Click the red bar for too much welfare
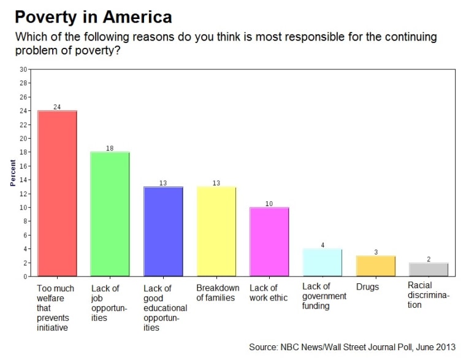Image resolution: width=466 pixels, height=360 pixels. pos(57,193)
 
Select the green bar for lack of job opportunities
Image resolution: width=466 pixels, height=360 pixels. pos(110,214)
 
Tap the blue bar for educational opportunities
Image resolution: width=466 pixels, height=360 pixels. pos(163,231)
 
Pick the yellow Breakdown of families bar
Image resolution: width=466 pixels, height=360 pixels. pos(216,231)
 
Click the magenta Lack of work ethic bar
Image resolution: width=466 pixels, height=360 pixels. pos(269,242)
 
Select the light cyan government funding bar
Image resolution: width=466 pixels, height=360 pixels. pos(323,262)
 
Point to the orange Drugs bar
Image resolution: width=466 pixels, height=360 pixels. pos(375,266)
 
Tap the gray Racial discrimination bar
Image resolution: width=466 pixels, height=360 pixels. pos(429,269)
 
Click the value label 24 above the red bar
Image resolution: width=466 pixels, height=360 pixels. pos(57,107)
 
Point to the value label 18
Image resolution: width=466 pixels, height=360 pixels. pos(110,148)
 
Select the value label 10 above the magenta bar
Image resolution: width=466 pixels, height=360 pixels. pos(269,204)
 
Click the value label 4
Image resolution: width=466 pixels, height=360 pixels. pos(323,245)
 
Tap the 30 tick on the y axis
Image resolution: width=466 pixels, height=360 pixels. pos(23,69)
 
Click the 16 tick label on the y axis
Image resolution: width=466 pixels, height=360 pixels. pos(23,166)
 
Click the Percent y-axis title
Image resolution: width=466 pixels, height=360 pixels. pos(13,173)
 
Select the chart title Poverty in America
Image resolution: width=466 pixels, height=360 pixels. pos(93,17)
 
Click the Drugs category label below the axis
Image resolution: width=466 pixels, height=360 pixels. pos(367,287)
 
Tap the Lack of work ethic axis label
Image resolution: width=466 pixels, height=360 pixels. pos(269,293)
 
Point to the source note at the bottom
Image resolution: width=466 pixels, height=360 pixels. pos(352,347)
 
